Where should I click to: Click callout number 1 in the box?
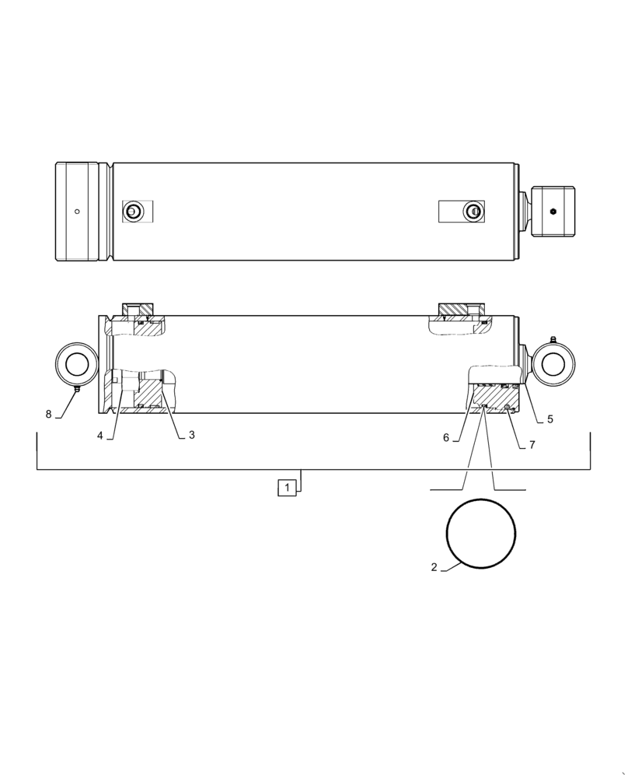click(x=287, y=488)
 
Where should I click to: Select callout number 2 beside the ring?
click(x=434, y=567)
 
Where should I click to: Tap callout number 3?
click(x=191, y=435)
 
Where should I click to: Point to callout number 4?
click(x=100, y=436)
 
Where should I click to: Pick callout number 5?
click(x=549, y=419)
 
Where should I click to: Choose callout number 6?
click(x=446, y=438)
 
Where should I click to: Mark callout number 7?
click(x=532, y=444)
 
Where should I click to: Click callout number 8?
click(x=48, y=414)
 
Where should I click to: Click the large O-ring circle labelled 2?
click(x=481, y=534)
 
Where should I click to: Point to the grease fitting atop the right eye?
click(x=553, y=339)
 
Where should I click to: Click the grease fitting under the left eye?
click(x=77, y=389)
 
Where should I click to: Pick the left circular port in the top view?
click(x=134, y=211)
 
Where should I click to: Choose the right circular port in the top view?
click(x=471, y=211)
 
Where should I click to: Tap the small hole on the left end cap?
click(x=77, y=211)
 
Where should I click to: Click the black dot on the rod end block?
click(x=553, y=211)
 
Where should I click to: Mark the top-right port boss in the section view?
click(x=462, y=310)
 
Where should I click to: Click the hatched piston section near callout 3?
click(x=149, y=398)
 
